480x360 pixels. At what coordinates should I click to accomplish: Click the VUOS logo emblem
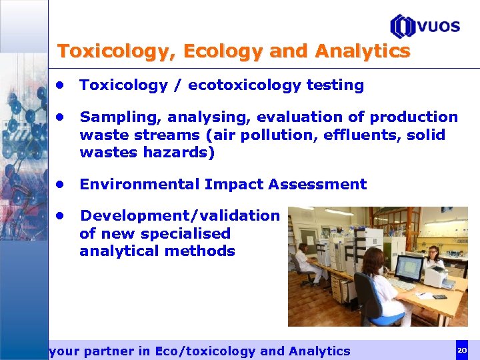[403, 26]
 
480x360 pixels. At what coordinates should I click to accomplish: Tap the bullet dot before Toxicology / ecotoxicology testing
[60, 85]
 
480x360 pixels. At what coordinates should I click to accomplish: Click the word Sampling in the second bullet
[121, 117]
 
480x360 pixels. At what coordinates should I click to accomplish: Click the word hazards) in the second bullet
[180, 152]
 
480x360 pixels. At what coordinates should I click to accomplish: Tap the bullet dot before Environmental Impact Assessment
[60, 184]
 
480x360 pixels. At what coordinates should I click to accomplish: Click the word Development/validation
[179, 215]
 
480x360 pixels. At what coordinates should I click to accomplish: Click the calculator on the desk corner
[440, 297]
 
